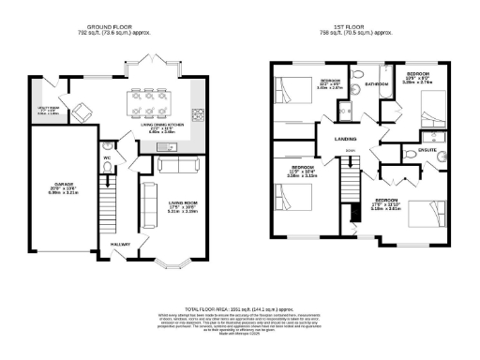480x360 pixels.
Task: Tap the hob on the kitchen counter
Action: pos(198,115)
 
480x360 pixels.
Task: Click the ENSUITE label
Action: pos(414,149)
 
